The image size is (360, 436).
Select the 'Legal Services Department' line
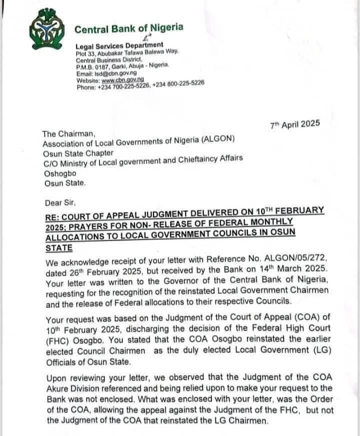click(x=119, y=46)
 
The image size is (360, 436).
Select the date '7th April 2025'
click(x=294, y=125)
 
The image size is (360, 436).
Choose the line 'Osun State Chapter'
click(x=78, y=153)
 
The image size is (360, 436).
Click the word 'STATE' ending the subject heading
click(x=58, y=248)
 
